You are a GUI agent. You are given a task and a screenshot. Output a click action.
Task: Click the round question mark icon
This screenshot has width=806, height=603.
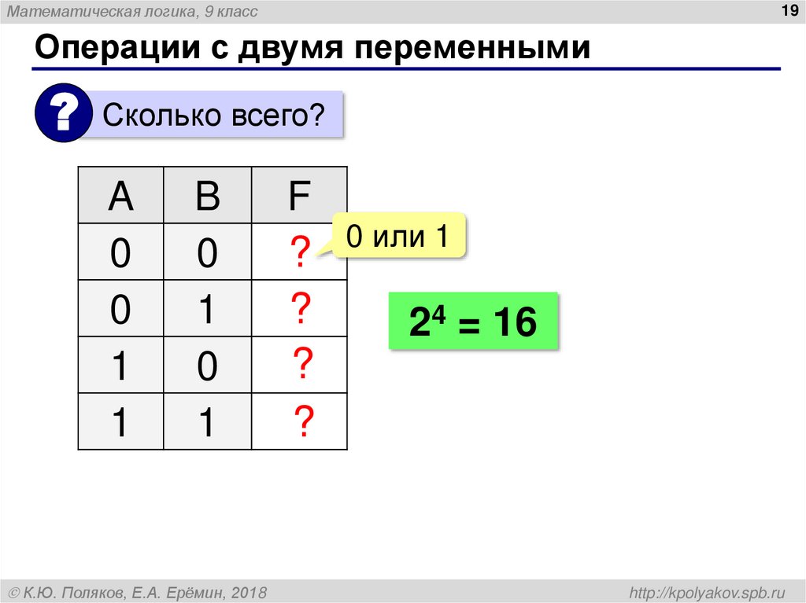point(62,115)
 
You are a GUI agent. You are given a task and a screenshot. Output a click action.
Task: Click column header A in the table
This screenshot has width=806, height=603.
point(120,197)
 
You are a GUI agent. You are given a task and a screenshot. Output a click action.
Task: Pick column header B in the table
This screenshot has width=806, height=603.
point(207,197)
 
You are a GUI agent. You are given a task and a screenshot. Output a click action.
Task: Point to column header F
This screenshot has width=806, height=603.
point(298,197)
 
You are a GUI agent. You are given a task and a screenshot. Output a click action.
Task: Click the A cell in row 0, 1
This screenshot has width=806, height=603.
point(120,310)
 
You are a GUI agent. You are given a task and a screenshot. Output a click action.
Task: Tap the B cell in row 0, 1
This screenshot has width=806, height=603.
point(207,310)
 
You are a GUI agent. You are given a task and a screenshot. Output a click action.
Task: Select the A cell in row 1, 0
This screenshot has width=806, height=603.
point(120,366)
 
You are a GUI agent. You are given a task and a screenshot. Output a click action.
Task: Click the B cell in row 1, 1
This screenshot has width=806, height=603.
point(207,423)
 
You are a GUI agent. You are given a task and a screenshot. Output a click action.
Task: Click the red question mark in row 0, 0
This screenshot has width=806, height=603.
point(298,252)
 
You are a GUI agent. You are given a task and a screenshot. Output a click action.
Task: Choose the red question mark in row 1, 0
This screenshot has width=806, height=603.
point(302,365)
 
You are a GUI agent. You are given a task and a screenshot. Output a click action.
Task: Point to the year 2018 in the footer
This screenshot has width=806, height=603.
point(250,591)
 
